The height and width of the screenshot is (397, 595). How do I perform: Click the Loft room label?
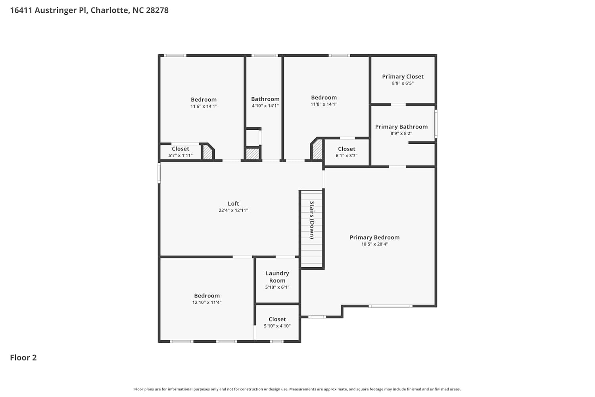(233, 204)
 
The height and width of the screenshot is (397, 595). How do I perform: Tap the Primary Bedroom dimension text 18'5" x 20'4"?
(374, 244)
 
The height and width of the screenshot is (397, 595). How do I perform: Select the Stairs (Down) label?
(312, 220)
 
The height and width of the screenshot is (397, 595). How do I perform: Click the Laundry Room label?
(277, 277)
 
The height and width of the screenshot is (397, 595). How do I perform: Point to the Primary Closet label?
(403, 77)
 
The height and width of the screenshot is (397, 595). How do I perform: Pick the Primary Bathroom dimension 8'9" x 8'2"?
(401, 133)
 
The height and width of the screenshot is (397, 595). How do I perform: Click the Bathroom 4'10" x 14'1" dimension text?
(265, 106)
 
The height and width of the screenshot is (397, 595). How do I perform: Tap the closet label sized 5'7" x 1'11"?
(180, 149)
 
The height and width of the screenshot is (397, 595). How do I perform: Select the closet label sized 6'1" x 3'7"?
(346, 149)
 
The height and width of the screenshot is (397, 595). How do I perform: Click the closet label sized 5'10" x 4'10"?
(277, 319)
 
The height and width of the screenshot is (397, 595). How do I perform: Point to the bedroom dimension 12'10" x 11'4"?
(207, 303)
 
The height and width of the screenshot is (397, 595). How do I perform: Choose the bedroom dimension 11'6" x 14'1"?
(204, 106)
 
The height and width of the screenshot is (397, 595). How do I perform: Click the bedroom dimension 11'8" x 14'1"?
(324, 104)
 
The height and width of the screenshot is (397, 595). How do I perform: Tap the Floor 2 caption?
(23, 358)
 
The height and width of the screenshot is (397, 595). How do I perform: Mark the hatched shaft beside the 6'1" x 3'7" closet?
(317, 150)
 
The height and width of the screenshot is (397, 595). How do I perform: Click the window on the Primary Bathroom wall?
(436, 123)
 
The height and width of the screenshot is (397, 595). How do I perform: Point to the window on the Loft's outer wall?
(159, 173)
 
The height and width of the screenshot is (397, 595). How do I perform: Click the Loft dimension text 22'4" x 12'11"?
(233, 210)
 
